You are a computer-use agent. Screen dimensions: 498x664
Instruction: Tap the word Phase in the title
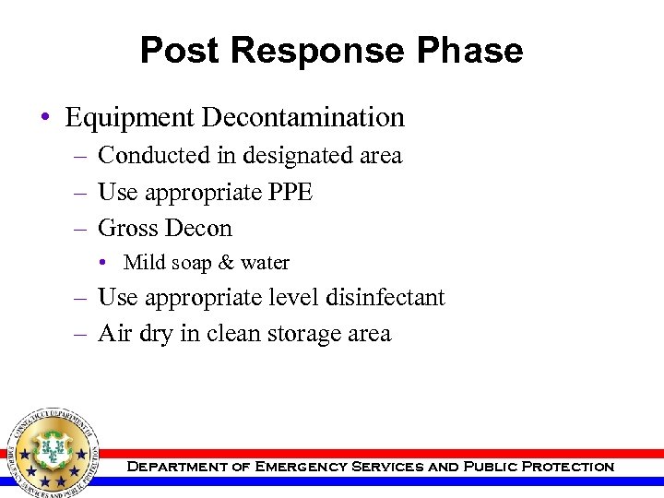(x=471, y=50)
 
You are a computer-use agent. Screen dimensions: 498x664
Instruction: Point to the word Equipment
(x=130, y=118)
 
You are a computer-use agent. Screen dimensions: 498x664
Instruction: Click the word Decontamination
(x=303, y=118)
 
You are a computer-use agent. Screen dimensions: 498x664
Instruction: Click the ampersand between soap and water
(x=226, y=264)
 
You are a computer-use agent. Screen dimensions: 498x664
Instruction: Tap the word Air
(x=114, y=334)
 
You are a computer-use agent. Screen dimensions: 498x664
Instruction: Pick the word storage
(x=304, y=334)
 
